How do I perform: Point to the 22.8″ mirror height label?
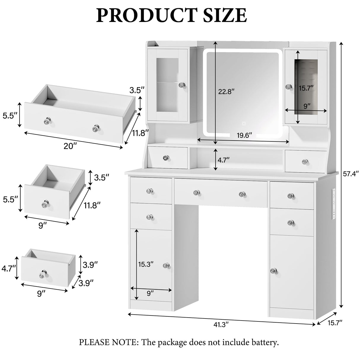pos(226,92)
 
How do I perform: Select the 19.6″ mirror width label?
pos(244,135)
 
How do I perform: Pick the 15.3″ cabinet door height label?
pos(146,264)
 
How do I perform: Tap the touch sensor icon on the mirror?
pos(244,123)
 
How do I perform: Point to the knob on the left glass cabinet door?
pos(181,85)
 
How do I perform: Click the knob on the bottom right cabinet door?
pos(273,271)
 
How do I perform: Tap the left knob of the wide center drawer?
pos(196,193)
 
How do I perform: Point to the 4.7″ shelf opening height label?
pos(224,160)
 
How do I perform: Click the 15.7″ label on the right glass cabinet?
pos(306,88)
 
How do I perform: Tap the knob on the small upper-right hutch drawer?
pos(305,162)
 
